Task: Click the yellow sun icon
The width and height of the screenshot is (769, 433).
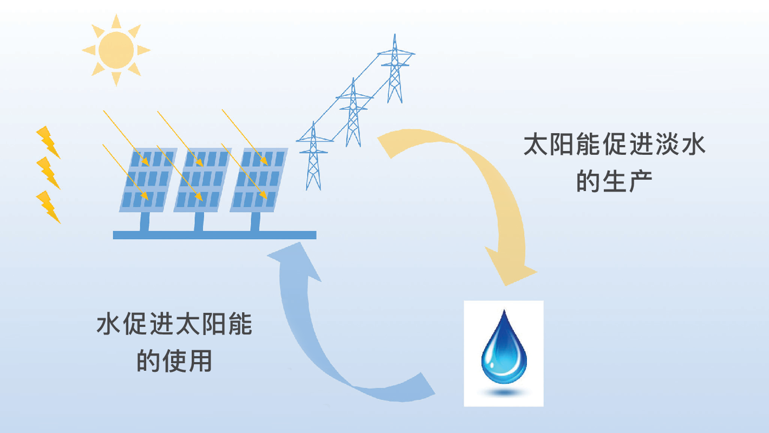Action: click(116, 50)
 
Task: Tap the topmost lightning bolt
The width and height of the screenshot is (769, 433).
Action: click(48, 142)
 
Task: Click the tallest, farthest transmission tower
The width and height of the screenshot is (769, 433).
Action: click(395, 70)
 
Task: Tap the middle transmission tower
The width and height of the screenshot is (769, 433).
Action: click(354, 114)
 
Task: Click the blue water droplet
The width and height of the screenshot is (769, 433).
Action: click(504, 346)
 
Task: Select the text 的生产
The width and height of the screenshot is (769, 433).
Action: click(615, 181)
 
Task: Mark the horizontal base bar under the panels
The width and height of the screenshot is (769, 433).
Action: click(214, 235)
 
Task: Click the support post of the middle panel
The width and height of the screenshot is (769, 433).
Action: click(199, 221)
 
